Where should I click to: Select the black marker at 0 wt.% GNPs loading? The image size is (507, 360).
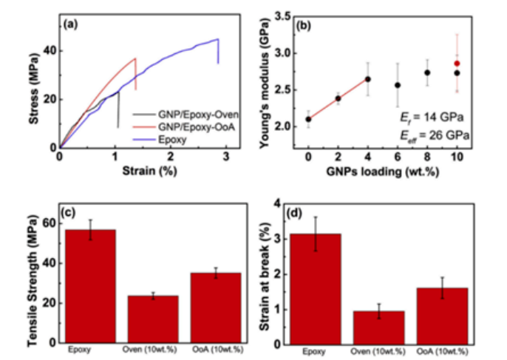[308, 119]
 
